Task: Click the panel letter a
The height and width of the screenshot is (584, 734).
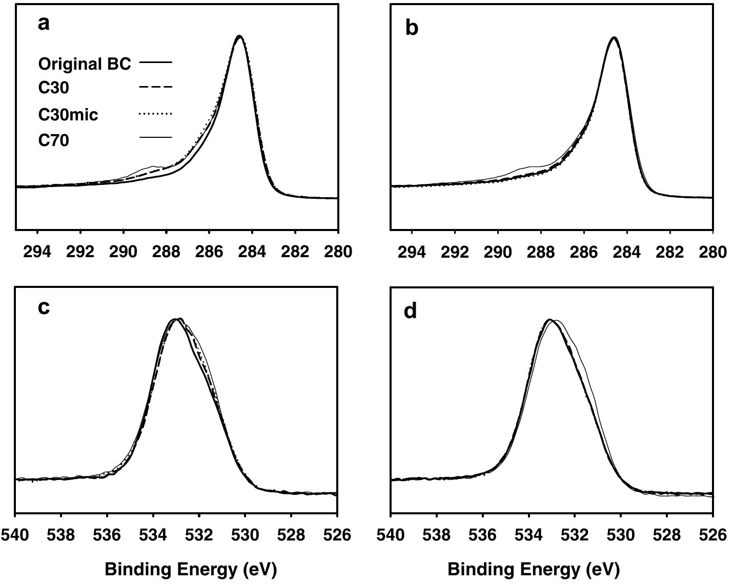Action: (44, 24)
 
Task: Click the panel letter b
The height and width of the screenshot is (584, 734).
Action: (412, 27)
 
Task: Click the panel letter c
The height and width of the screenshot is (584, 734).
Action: (44, 307)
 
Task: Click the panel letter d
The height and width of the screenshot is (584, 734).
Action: (411, 310)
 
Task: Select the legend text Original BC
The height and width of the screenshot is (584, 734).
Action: (85, 64)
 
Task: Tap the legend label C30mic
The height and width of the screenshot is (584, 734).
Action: (68, 115)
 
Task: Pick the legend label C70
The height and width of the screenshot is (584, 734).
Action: (53, 140)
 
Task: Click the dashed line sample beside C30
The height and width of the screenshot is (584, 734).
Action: (156, 88)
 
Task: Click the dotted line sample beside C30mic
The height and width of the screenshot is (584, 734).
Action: (156, 114)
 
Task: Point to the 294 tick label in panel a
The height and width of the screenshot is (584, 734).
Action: (38, 252)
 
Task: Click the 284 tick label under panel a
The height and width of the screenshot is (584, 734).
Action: (252, 252)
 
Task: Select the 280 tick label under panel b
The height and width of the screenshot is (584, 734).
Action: (712, 252)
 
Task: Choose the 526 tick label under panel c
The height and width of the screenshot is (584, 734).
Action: (337, 535)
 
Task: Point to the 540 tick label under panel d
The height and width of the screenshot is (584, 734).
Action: (391, 535)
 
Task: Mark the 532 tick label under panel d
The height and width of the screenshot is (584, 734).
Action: (575, 535)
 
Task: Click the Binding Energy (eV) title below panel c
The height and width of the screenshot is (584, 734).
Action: (191, 569)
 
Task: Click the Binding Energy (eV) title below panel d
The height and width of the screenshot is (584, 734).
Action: (534, 569)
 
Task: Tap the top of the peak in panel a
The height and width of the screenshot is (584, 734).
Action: (239, 36)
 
